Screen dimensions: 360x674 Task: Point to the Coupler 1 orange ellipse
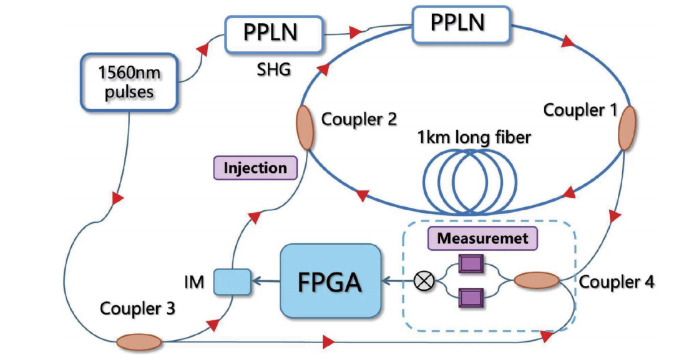(627, 127)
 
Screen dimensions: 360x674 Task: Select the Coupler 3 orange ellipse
(139, 342)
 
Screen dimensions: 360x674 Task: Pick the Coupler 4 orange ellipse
(536, 281)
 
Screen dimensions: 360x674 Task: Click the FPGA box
(331, 281)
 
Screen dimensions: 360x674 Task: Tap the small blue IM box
(232, 281)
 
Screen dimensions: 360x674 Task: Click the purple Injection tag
(255, 168)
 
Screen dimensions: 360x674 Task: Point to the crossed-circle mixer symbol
(424, 281)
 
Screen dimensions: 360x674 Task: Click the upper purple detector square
(470, 265)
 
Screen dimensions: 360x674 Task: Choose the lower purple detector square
(470, 298)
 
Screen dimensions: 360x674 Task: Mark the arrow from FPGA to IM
(266, 281)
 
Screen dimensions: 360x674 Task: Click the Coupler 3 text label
(137, 308)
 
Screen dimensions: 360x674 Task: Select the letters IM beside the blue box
(194, 282)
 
